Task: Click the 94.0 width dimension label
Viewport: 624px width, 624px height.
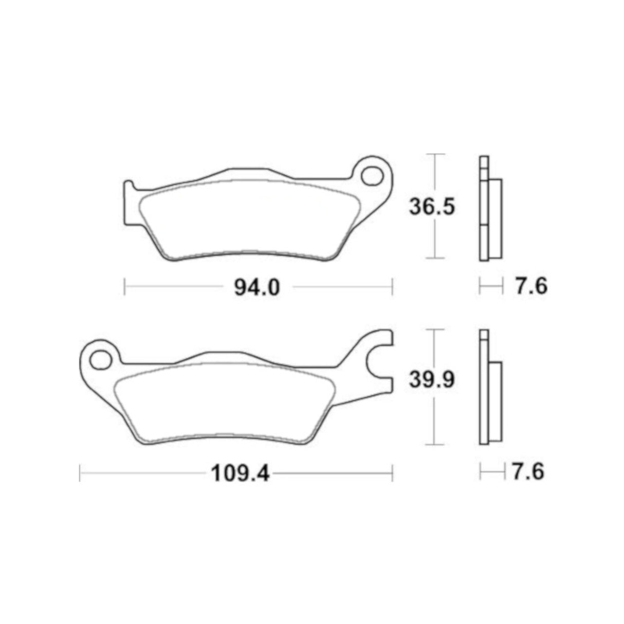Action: (x=256, y=287)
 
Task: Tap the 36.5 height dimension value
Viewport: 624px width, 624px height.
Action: (x=432, y=207)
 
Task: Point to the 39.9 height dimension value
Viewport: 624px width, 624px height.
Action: (x=432, y=381)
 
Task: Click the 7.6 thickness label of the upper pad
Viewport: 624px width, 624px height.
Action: (x=529, y=286)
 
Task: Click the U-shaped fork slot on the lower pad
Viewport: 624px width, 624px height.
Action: (x=381, y=361)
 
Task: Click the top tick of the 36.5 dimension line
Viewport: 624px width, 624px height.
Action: (x=435, y=154)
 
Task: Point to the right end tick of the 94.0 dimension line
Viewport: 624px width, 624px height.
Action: (x=393, y=287)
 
